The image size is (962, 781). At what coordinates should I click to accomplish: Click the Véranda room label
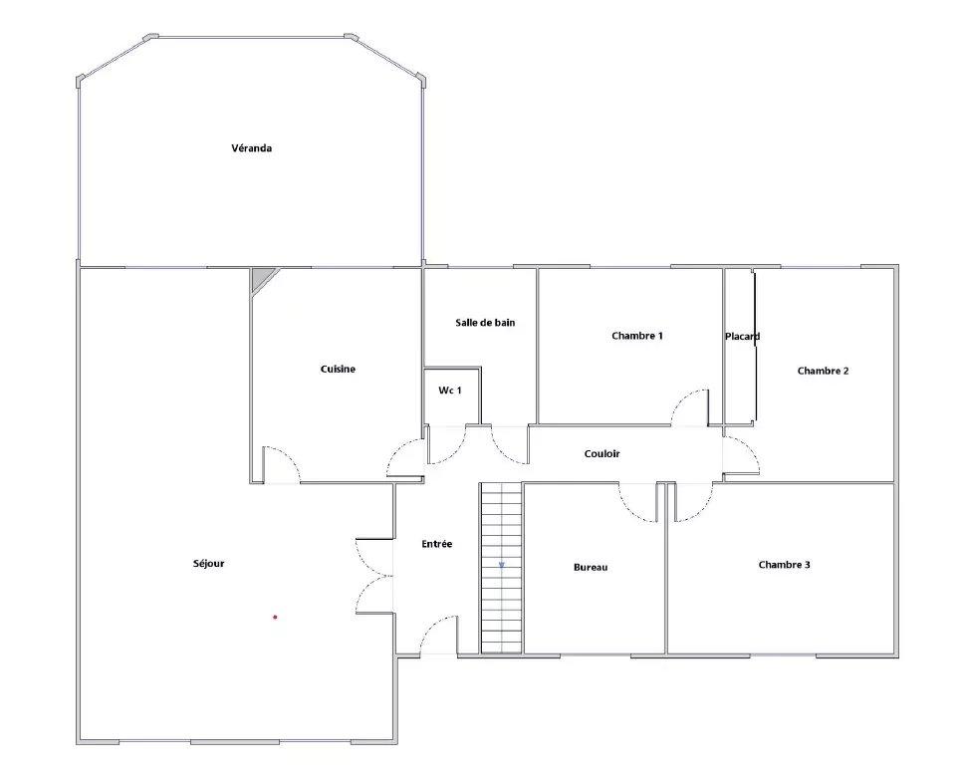point(252,147)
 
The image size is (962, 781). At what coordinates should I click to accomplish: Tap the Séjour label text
point(208,563)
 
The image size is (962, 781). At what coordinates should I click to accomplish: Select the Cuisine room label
point(338,369)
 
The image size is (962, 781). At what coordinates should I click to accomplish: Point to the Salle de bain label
point(485,322)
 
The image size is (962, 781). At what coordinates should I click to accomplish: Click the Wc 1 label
point(450,390)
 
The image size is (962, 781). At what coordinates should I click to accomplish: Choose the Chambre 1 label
point(637,336)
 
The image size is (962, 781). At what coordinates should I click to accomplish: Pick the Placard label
point(742,336)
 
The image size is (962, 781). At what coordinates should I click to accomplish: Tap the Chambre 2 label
point(824,371)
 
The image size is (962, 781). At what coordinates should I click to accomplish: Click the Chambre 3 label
point(785,565)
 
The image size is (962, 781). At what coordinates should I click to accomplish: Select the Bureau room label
point(591,568)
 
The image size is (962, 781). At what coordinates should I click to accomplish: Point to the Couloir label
point(601,454)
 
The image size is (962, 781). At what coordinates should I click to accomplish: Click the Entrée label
point(437,544)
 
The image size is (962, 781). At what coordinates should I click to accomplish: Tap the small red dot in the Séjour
point(275,618)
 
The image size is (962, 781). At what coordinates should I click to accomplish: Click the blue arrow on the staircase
point(502,565)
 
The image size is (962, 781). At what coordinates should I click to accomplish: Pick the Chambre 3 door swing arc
point(703,510)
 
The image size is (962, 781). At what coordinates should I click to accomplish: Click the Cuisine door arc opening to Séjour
point(290,456)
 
